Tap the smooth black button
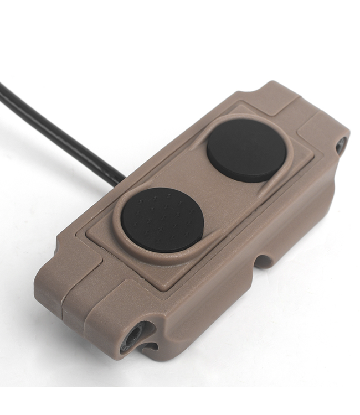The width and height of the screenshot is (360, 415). (246, 150)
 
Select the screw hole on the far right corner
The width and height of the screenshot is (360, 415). (340, 145)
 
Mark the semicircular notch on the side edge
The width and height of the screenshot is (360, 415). (265, 260)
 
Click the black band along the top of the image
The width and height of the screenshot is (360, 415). (180, 14)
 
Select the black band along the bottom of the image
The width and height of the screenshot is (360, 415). (180, 401)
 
